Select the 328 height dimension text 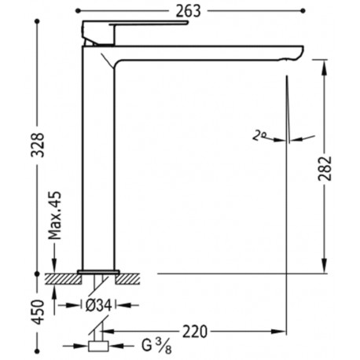click(x=28, y=143)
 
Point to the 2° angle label click(x=260, y=135)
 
